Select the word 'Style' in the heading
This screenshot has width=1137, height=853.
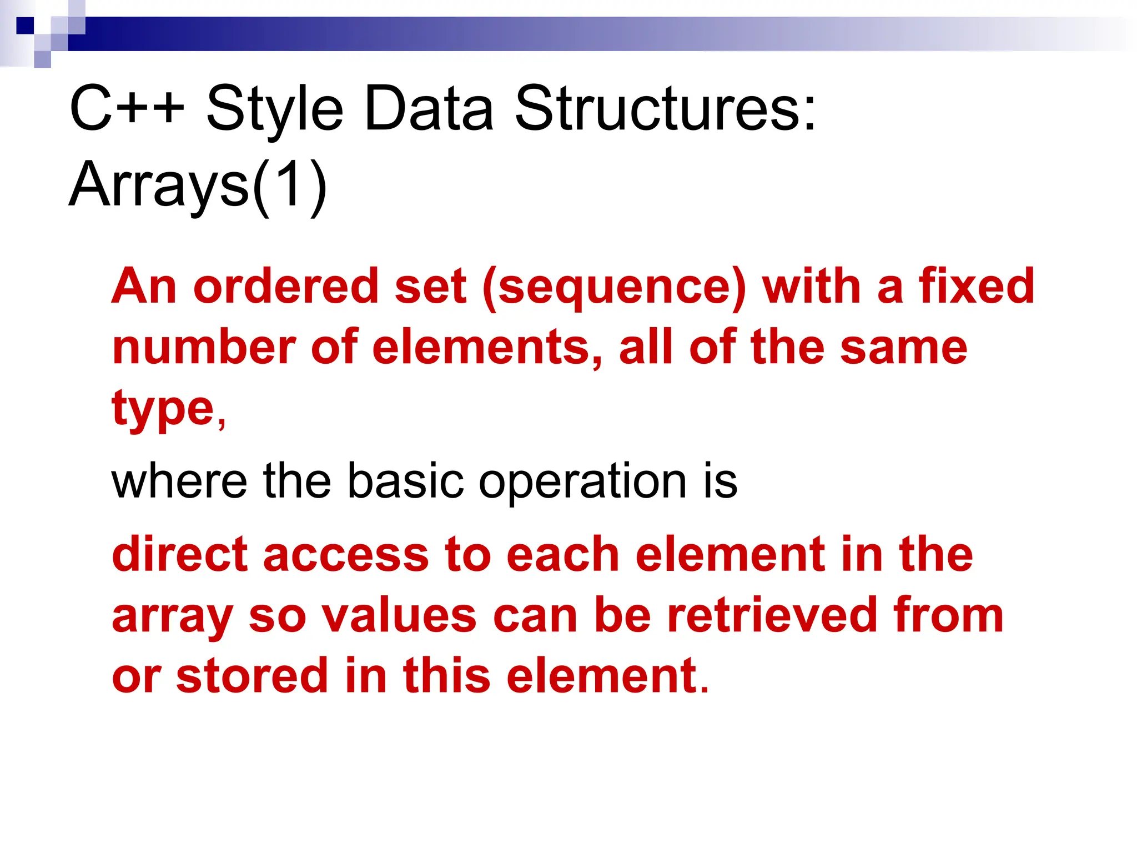274,110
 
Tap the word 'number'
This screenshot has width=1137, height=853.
204,348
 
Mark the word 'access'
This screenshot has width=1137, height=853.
346,555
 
